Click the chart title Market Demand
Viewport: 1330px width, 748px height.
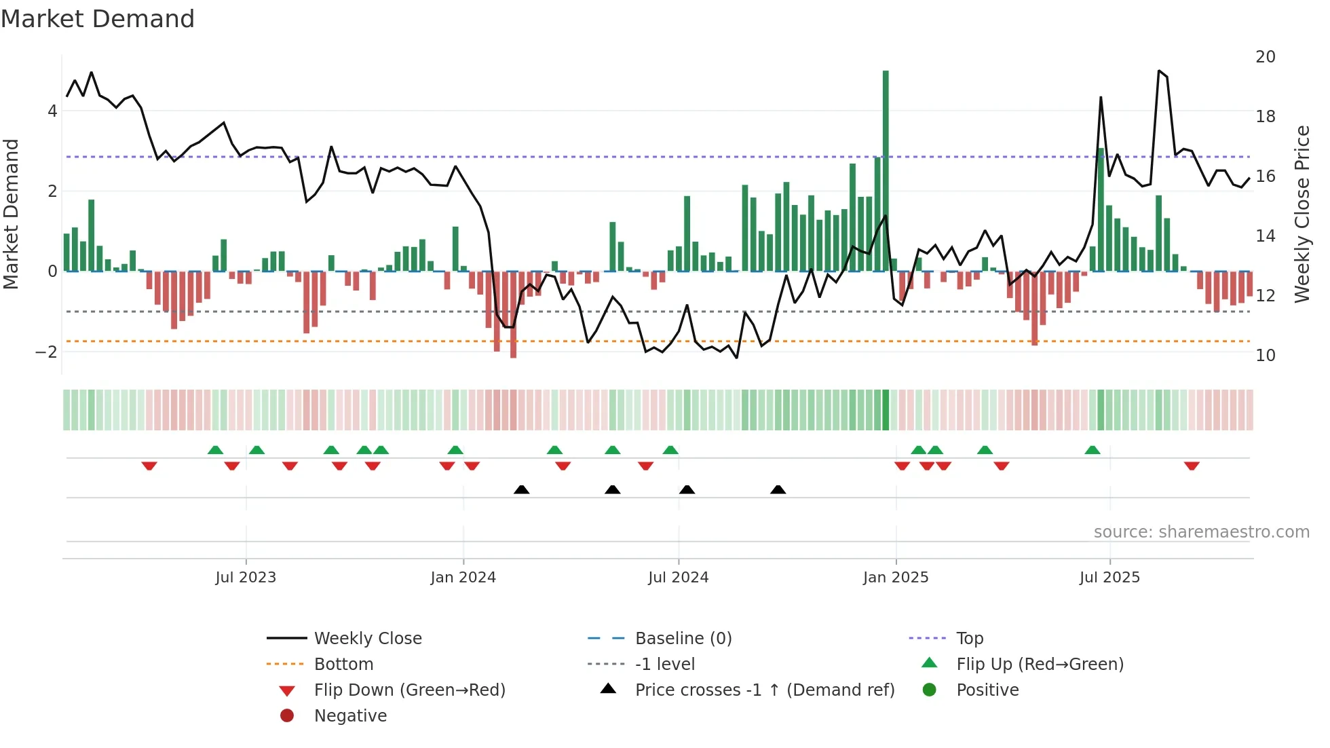tap(98, 19)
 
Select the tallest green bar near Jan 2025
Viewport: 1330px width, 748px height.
tap(886, 170)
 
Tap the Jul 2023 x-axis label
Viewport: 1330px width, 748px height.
tap(246, 578)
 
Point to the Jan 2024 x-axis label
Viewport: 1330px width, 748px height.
tap(463, 578)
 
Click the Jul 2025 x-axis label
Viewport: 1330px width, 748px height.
tap(1109, 578)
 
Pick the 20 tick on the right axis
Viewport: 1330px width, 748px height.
tap(1265, 57)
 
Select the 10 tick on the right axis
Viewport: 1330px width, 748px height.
tap(1265, 355)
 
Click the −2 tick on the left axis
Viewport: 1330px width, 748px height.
tap(46, 352)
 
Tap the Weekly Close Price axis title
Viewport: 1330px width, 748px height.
tap(1301, 214)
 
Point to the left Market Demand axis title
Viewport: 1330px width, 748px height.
tap(11, 214)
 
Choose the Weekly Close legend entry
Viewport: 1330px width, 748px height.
tap(367, 639)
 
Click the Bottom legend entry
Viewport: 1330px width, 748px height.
tap(343, 665)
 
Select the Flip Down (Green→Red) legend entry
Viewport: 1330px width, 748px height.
tap(409, 690)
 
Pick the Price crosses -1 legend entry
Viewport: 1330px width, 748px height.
tap(764, 690)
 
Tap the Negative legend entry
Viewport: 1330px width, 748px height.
tap(350, 716)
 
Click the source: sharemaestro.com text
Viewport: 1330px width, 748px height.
tap(1201, 532)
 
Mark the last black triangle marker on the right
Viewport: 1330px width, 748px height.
tap(778, 489)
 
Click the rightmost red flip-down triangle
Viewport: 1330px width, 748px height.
tap(1192, 466)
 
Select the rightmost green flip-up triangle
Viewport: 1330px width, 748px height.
tap(1092, 450)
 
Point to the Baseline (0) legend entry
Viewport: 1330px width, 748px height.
tap(683, 639)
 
